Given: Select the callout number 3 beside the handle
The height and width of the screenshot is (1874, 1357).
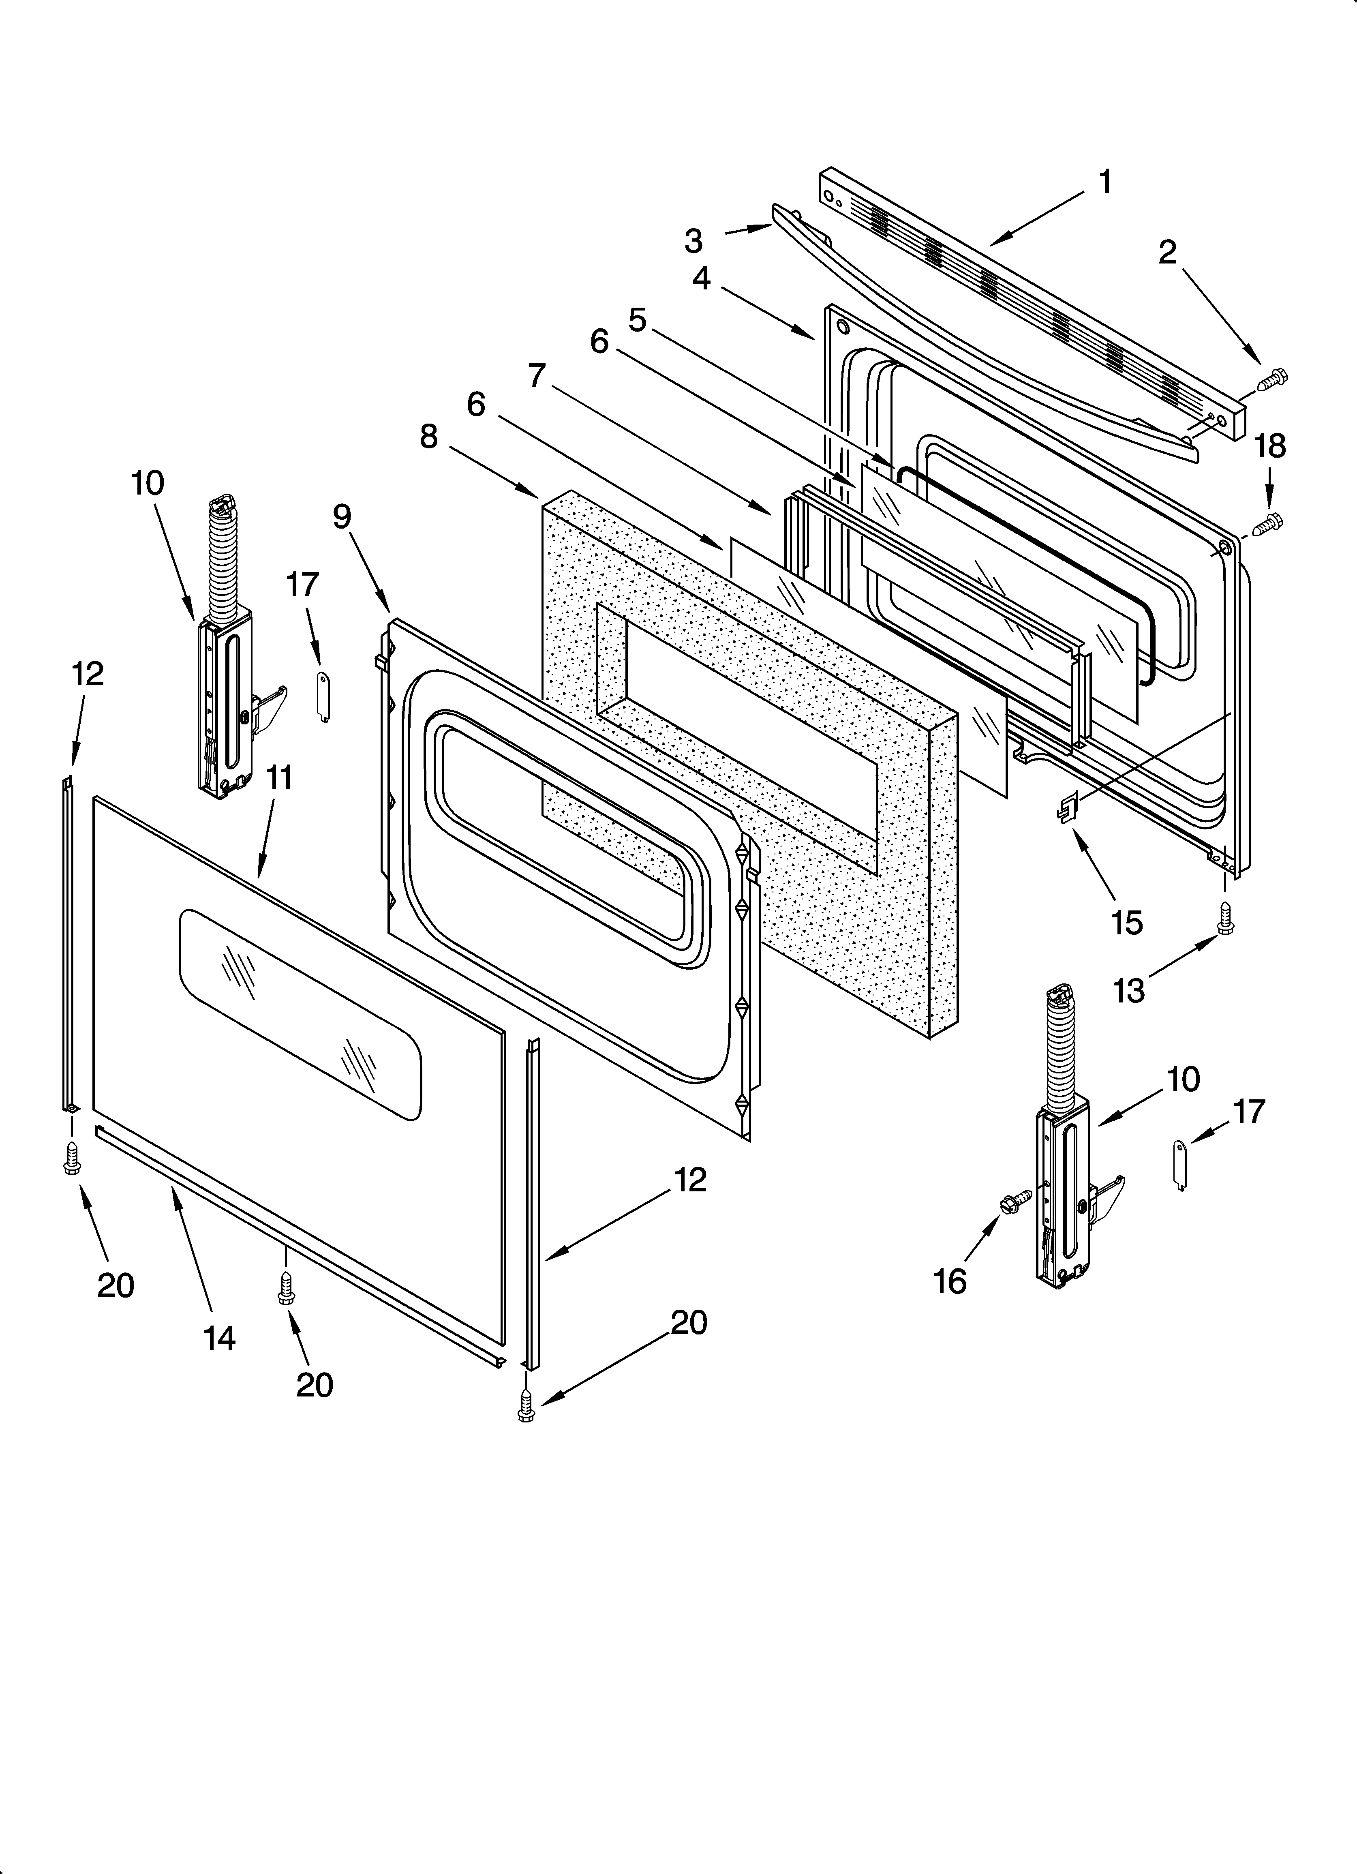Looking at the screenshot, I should click(693, 241).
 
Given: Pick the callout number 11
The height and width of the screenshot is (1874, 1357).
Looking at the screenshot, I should click(279, 777).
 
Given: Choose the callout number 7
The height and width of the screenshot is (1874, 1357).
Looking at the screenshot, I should click(537, 376).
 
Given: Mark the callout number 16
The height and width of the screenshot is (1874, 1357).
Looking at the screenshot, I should click(950, 1281).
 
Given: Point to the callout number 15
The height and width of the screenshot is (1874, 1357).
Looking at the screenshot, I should click(1126, 922).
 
